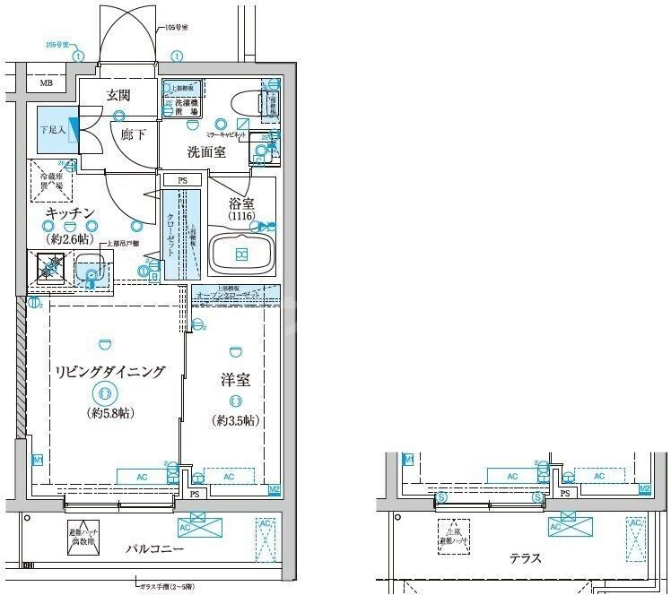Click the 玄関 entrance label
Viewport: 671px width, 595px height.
click(118, 96)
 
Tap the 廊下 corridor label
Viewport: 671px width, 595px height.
click(135, 134)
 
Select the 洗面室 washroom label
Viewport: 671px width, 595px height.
click(205, 152)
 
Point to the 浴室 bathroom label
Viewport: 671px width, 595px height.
click(240, 204)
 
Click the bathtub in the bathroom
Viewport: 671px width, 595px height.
click(240, 254)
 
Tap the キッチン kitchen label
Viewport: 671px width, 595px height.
click(71, 213)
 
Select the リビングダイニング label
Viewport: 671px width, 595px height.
click(109, 371)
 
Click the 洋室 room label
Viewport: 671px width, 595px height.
click(236, 380)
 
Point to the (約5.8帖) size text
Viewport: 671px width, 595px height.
click(110, 413)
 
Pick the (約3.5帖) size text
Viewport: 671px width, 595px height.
click(236, 420)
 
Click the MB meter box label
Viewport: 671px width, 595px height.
click(45, 85)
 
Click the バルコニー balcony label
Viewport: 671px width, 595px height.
click(153, 548)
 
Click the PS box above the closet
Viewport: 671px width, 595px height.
click(182, 180)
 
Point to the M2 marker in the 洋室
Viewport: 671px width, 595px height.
click(274, 489)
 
